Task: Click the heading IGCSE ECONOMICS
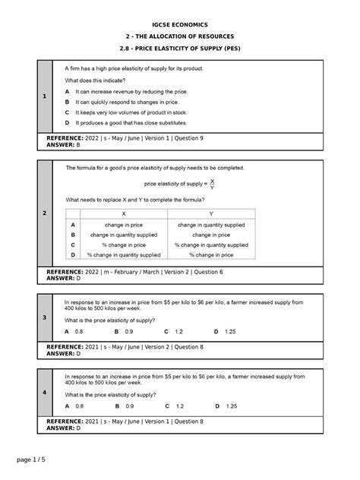(x=179, y=24)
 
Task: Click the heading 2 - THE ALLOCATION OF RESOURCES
(x=179, y=36)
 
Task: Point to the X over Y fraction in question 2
(x=212, y=183)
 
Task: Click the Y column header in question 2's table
(x=211, y=214)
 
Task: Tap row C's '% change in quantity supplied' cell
(x=211, y=245)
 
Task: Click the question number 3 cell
(x=44, y=317)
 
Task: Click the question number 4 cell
(x=44, y=392)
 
